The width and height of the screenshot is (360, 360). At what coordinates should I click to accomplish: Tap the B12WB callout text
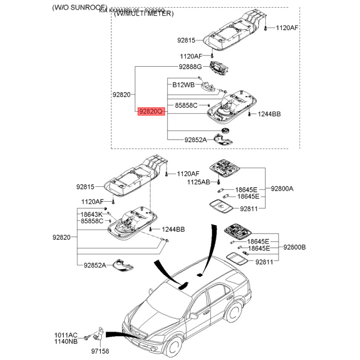[183, 85]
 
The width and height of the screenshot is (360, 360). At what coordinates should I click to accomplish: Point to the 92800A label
[282, 189]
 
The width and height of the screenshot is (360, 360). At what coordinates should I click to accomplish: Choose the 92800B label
[294, 247]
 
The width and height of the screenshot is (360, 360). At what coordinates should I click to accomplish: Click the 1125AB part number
[199, 182]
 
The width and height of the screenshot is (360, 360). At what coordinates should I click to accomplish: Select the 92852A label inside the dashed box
[195, 140]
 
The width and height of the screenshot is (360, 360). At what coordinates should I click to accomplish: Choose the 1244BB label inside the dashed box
[269, 115]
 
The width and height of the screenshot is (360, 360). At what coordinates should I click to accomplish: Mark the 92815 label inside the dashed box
[186, 40]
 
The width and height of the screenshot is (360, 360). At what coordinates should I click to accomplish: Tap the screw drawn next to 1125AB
[218, 182]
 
